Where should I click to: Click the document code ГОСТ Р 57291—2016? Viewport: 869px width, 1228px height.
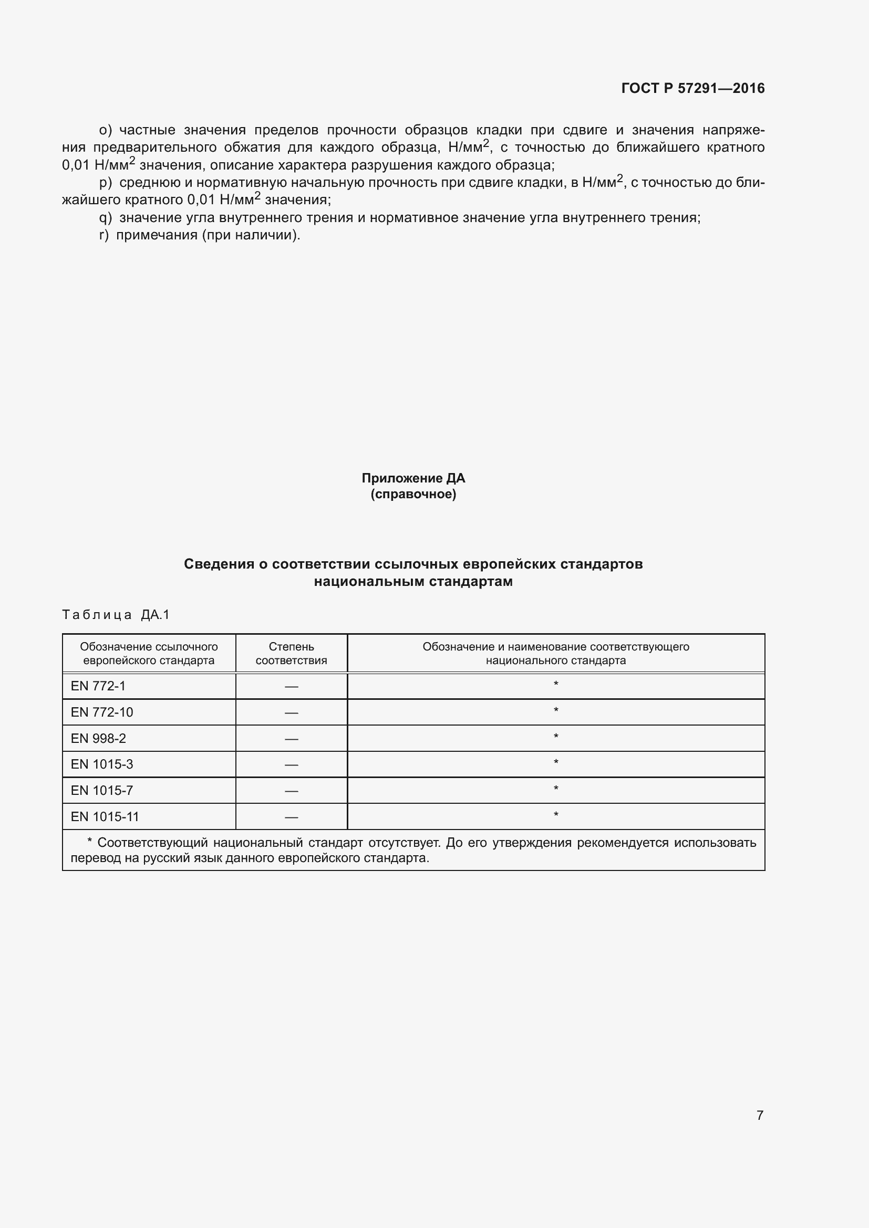[692, 88]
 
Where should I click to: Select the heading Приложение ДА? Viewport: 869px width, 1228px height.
[413, 478]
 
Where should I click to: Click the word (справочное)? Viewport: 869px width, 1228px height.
[413, 494]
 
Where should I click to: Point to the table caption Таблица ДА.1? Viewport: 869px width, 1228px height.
[116, 615]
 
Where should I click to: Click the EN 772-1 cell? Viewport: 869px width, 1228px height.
[98, 686]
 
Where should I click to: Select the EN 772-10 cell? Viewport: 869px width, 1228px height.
[102, 712]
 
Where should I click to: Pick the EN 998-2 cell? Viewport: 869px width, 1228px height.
[98, 738]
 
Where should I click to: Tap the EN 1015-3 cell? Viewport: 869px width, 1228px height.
[102, 764]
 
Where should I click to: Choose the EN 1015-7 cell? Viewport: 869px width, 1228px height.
[102, 790]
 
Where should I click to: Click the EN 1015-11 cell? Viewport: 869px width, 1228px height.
[105, 816]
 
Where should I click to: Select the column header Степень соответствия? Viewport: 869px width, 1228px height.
[291, 653]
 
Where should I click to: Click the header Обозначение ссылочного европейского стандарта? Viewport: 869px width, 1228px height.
[149, 653]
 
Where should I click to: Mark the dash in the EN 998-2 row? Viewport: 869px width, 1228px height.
[291, 739]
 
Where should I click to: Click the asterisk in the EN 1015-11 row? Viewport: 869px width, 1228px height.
[555, 815]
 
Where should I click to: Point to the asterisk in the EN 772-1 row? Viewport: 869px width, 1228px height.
[555, 684]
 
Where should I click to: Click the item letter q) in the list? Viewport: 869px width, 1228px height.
[106, 218]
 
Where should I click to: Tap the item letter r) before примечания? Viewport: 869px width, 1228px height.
[104, 235]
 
